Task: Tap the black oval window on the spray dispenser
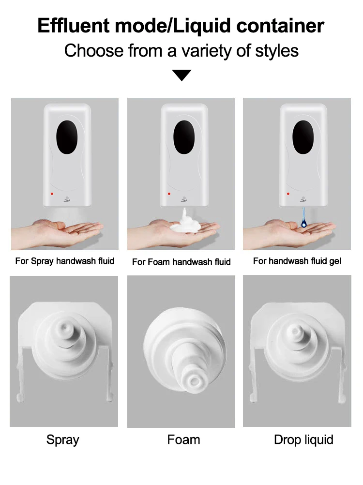(67, 137)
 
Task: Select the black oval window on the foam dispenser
(184, 137)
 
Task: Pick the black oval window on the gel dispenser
(303, 137)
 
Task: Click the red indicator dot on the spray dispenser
(52, 194)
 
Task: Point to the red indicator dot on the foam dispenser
(169, 194)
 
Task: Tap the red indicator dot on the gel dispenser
(288, 194)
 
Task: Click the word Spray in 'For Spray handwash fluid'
(42, 261)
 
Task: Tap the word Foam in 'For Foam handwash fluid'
(159, 262)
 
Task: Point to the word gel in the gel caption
(335, 261)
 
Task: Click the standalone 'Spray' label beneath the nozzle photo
(63, 440)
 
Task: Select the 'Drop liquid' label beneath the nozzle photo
(303, 440)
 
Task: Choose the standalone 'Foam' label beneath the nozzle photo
(183, 440)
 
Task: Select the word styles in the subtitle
(277, 51)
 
